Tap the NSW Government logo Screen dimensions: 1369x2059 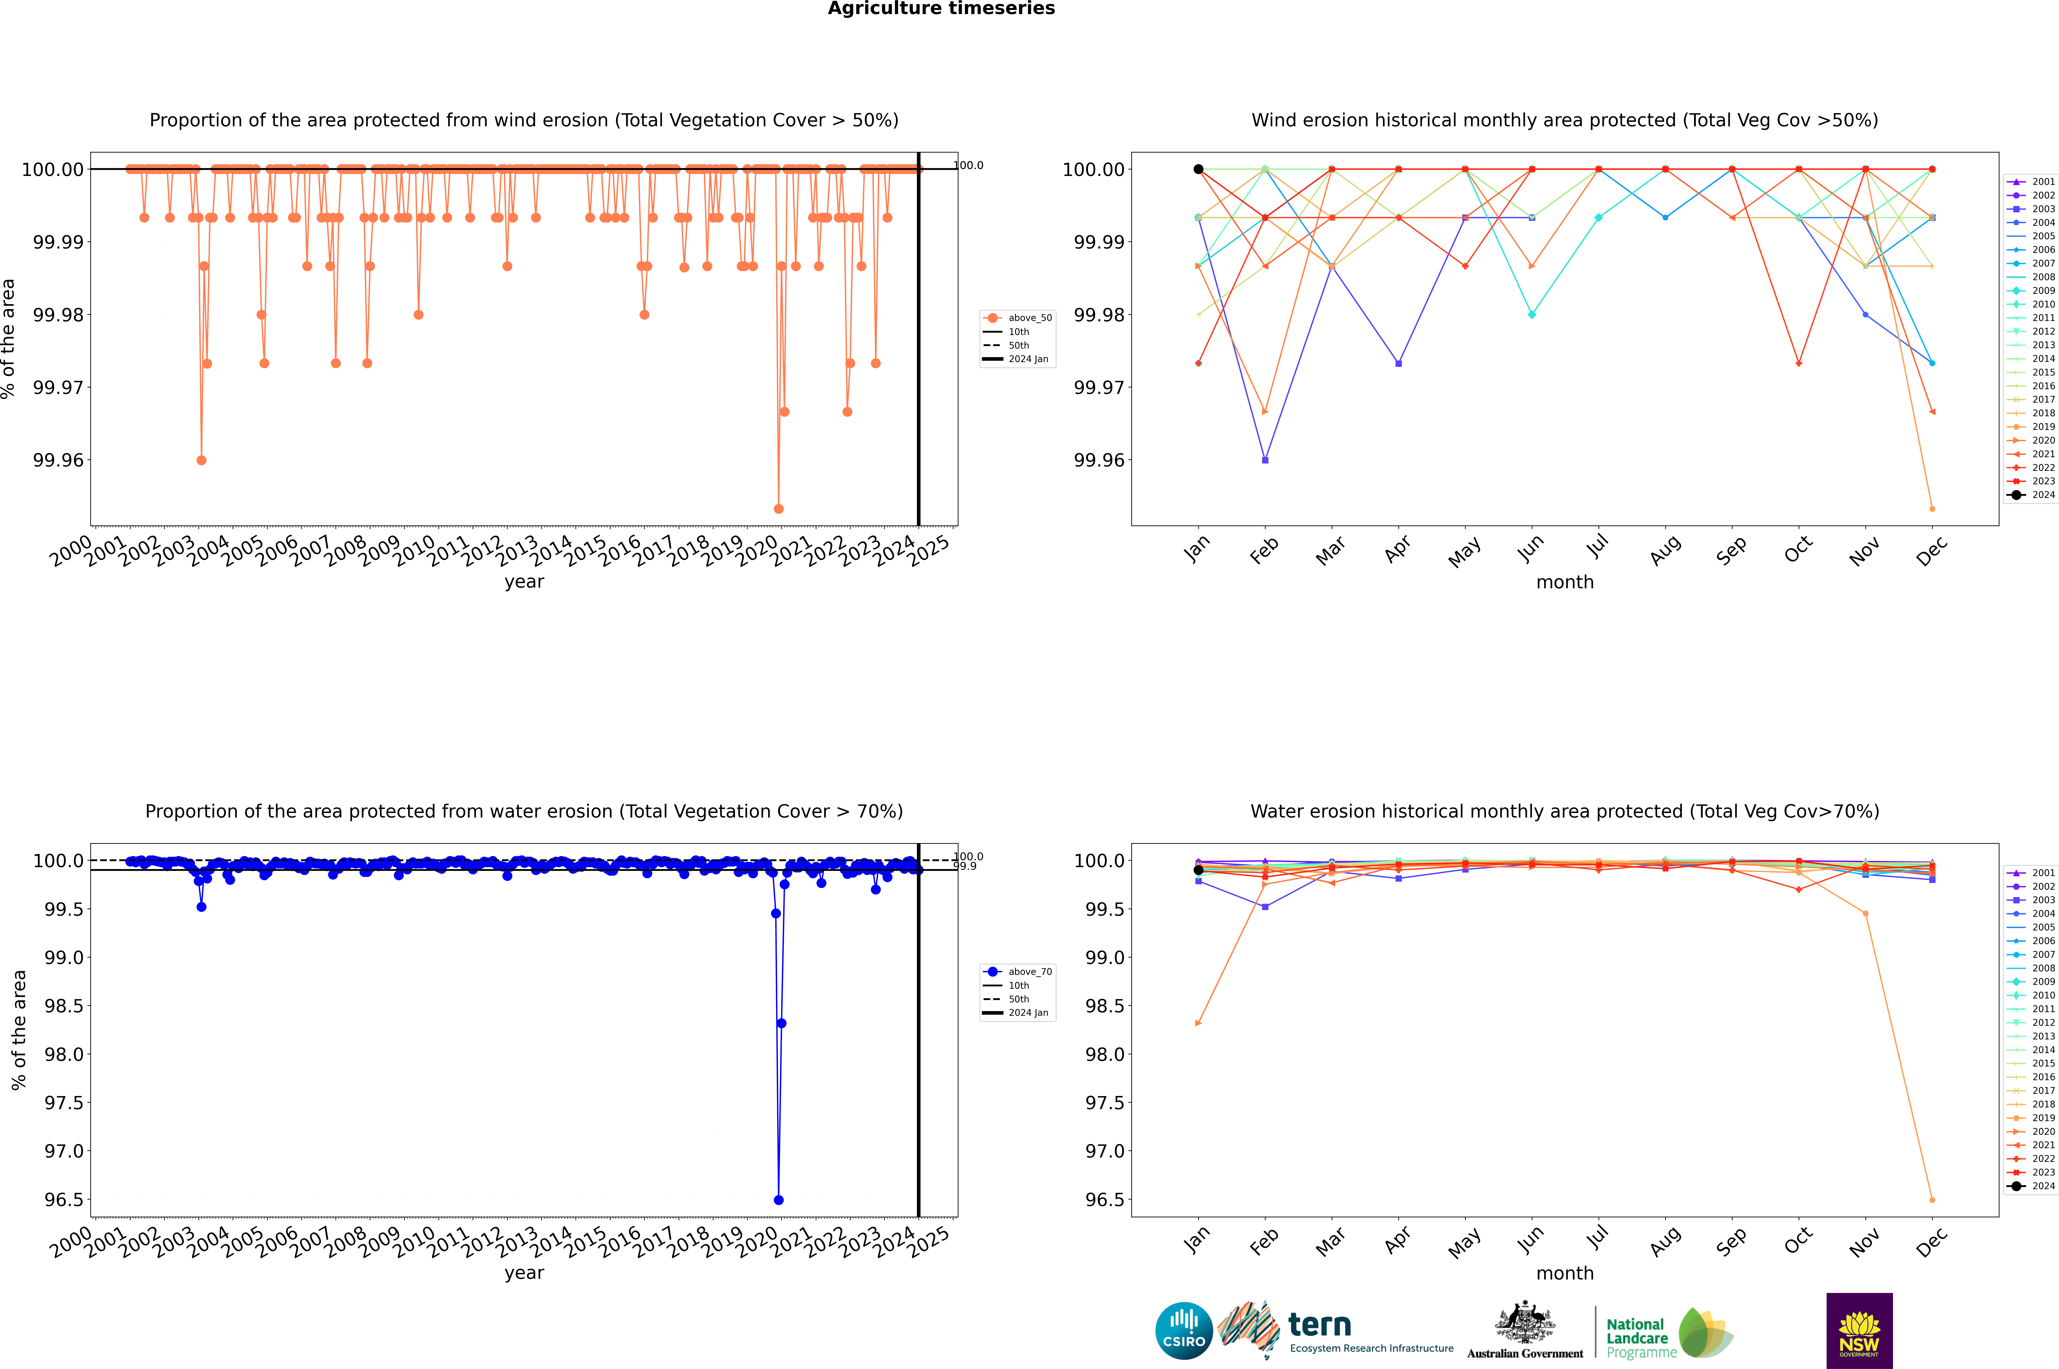[1859, 1331]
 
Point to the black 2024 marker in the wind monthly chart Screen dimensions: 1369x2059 [1198, 169]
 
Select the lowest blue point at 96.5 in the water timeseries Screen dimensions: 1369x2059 [778, 1200]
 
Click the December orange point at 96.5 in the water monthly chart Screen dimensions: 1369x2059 [1932, 1200]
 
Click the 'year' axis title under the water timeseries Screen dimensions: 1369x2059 [524, 1273]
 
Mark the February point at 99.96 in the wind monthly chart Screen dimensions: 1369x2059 [1265, 460]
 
